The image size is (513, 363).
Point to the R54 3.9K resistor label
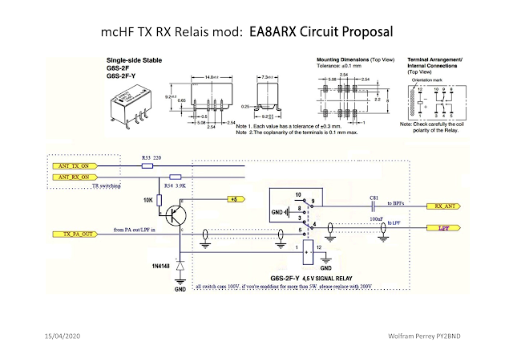click(176, 185)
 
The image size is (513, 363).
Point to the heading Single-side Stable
click(138, 60)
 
